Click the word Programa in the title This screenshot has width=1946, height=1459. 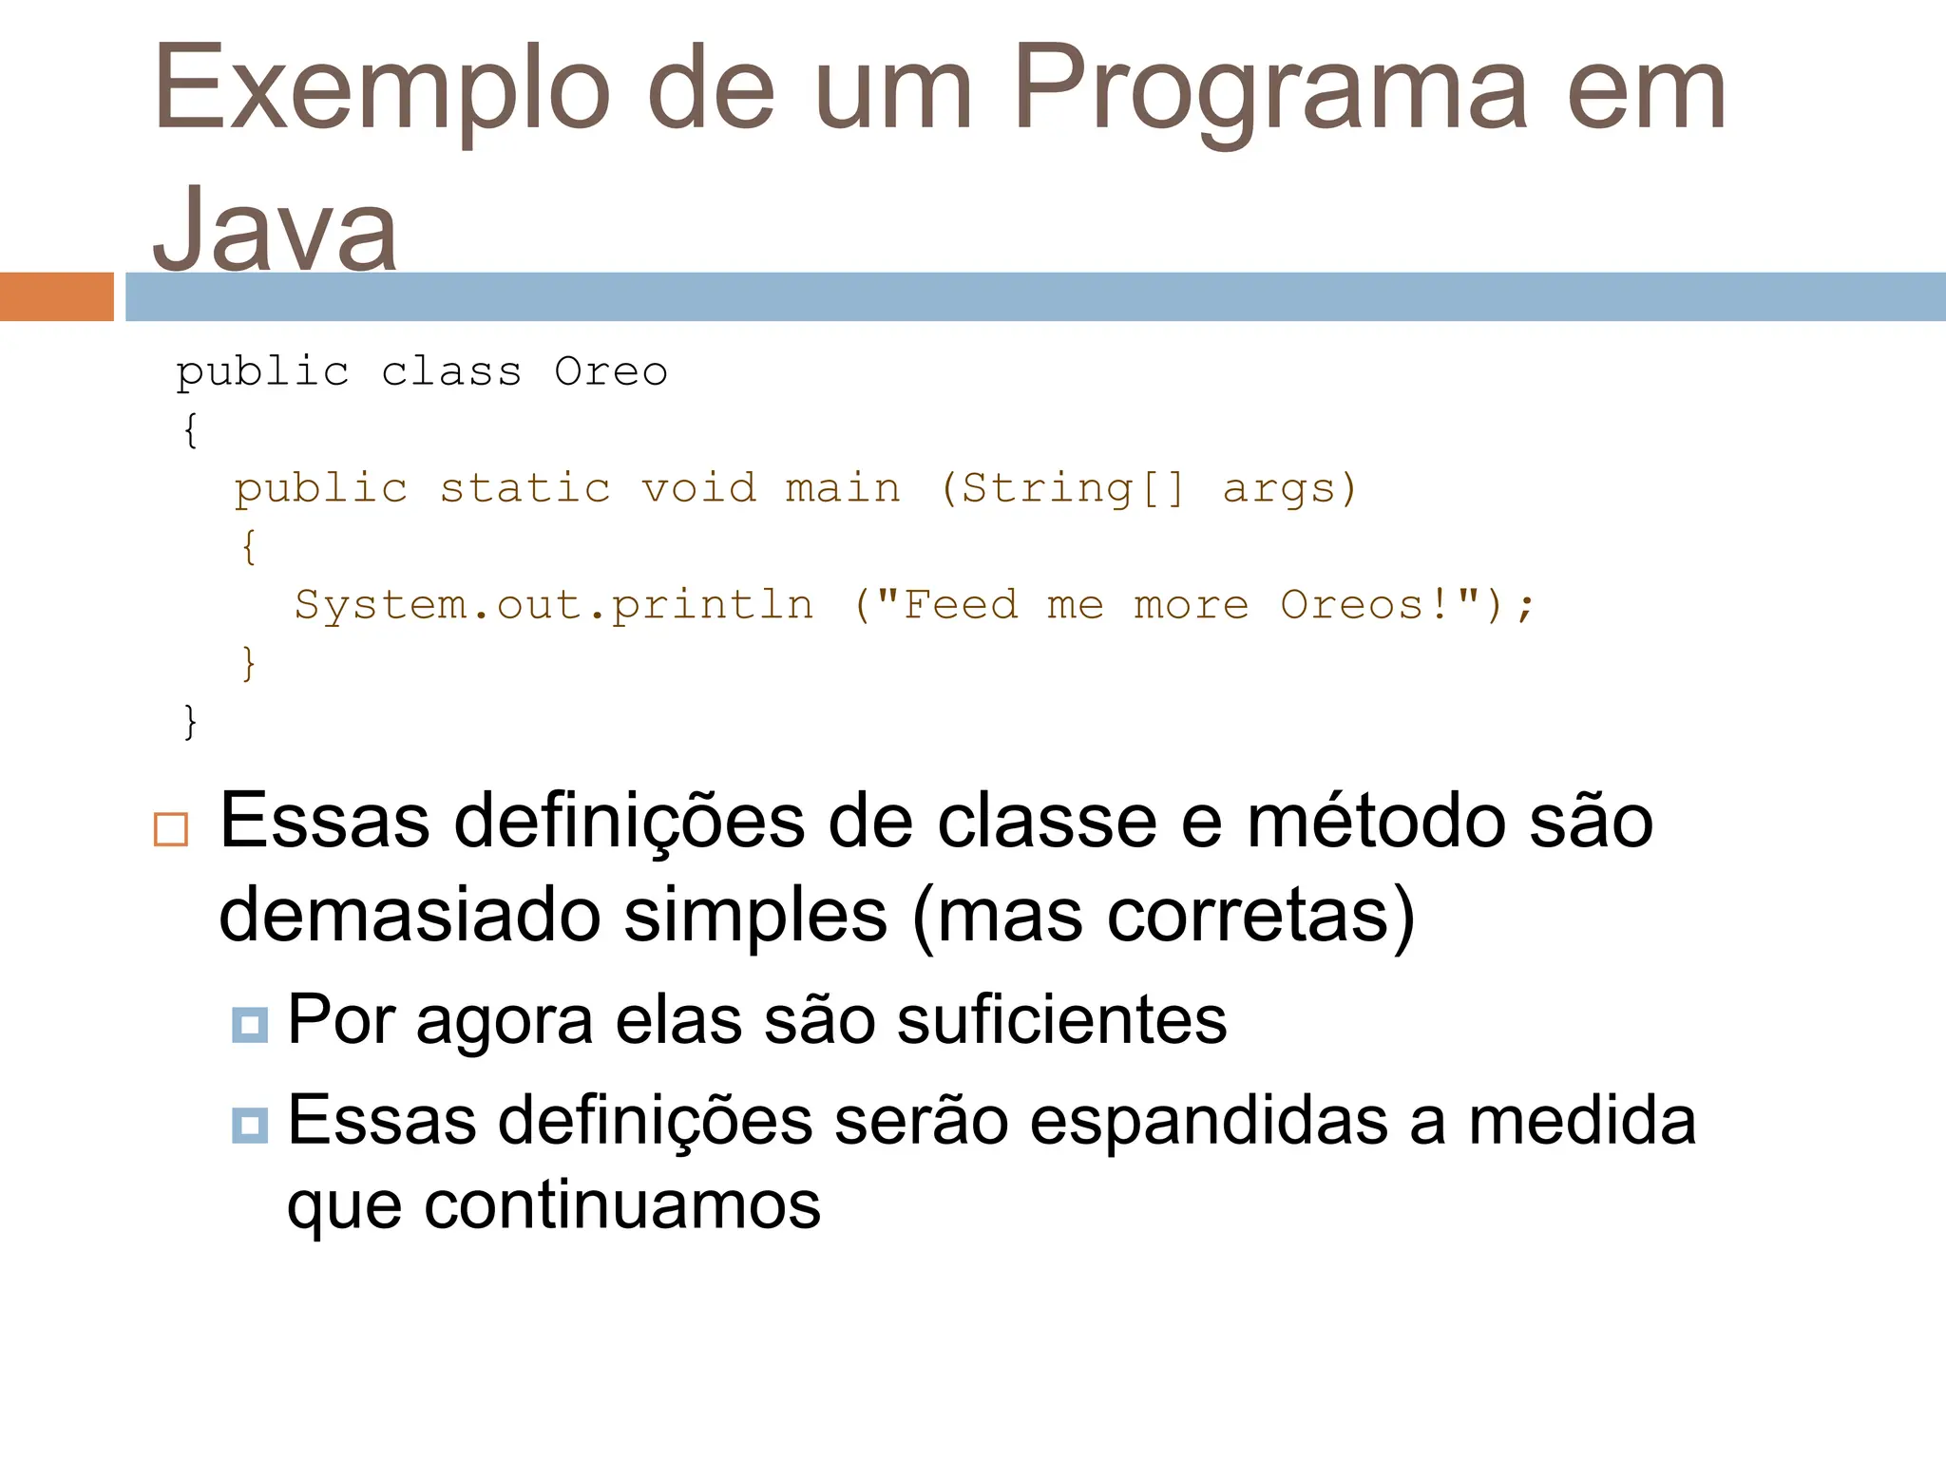1270,90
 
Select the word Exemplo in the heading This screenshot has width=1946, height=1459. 381,90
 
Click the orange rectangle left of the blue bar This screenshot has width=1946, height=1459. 56,296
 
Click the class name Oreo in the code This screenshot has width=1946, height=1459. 611,372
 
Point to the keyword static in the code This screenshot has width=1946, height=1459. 525,489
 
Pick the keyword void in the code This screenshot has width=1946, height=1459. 698,489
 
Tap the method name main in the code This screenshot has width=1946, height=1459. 843,489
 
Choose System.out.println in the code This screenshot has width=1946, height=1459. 554,606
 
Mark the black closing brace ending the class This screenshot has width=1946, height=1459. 190,722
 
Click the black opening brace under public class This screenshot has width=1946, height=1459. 190,430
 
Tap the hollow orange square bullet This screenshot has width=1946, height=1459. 171,829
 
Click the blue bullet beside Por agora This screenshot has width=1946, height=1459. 250,1025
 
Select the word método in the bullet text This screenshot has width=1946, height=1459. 1376,822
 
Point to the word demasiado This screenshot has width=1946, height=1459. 410,915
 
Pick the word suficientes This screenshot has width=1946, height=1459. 1060,1020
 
